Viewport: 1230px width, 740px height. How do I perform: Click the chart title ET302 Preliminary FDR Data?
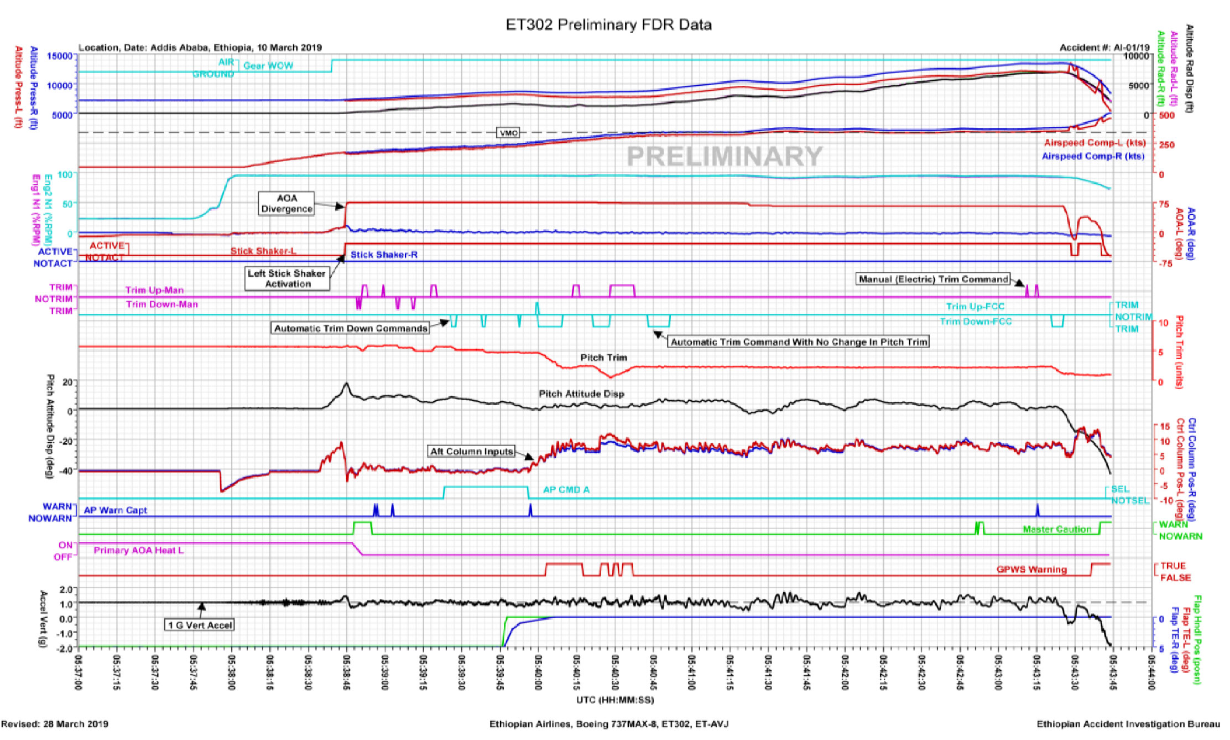(608, 25)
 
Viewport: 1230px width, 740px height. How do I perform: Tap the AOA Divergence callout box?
(286, 203)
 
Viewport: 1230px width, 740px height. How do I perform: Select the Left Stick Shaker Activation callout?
(287, 278)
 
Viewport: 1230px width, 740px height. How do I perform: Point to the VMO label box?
(508, 133)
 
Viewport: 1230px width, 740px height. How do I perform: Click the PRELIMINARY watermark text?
(725, 156)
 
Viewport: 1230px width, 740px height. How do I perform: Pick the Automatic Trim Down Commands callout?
(351, 328)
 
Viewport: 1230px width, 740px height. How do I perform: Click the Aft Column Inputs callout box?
(472, 451)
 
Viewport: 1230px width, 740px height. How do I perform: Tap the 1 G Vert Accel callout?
(201, 625)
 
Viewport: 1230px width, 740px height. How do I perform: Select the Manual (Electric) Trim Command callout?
(934, 279)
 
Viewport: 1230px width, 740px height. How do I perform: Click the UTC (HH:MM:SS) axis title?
(614, 700)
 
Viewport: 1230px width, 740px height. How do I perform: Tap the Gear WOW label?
(268, 66)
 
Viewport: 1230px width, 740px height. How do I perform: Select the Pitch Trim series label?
(604, 358)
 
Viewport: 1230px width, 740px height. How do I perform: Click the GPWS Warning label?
(1031, 570)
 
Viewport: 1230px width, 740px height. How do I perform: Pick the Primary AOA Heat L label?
(138, 550)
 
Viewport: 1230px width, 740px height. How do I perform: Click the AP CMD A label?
(566, 490)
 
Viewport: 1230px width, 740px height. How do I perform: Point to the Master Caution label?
(1057, 530)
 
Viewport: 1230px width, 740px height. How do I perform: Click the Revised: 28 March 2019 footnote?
(55, 724)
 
